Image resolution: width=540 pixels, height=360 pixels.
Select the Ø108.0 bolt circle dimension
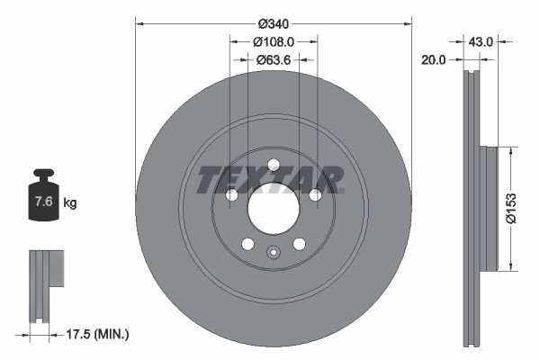(x=274, y=40)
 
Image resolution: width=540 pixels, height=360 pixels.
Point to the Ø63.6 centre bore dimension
(x=274, y=60)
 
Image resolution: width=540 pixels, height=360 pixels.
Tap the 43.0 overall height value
(x=482, y=40)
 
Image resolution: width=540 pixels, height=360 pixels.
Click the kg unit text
(x=70, y=202)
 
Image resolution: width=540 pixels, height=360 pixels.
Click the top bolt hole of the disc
(x=273, y=163)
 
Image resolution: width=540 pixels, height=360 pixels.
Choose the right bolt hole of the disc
(x=316, y=195)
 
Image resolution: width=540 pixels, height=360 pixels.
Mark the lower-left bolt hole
(x=247, y=244)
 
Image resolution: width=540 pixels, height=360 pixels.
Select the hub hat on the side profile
(x=488, y=207)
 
